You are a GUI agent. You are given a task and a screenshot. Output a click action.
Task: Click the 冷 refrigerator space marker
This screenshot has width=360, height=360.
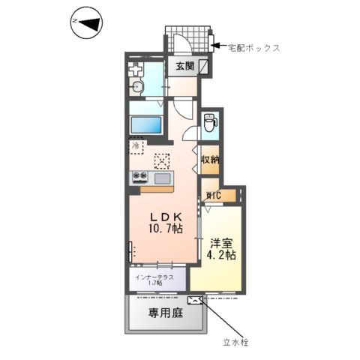(136, 146)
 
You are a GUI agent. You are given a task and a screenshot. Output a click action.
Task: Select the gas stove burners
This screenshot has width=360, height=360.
(140, 178)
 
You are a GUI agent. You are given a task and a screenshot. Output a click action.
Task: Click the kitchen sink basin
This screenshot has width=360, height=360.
(162, 178)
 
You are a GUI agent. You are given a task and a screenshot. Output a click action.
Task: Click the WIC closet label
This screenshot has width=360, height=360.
(214, 196)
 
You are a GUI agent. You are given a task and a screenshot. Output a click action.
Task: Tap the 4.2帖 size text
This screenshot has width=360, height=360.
(223, 255)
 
